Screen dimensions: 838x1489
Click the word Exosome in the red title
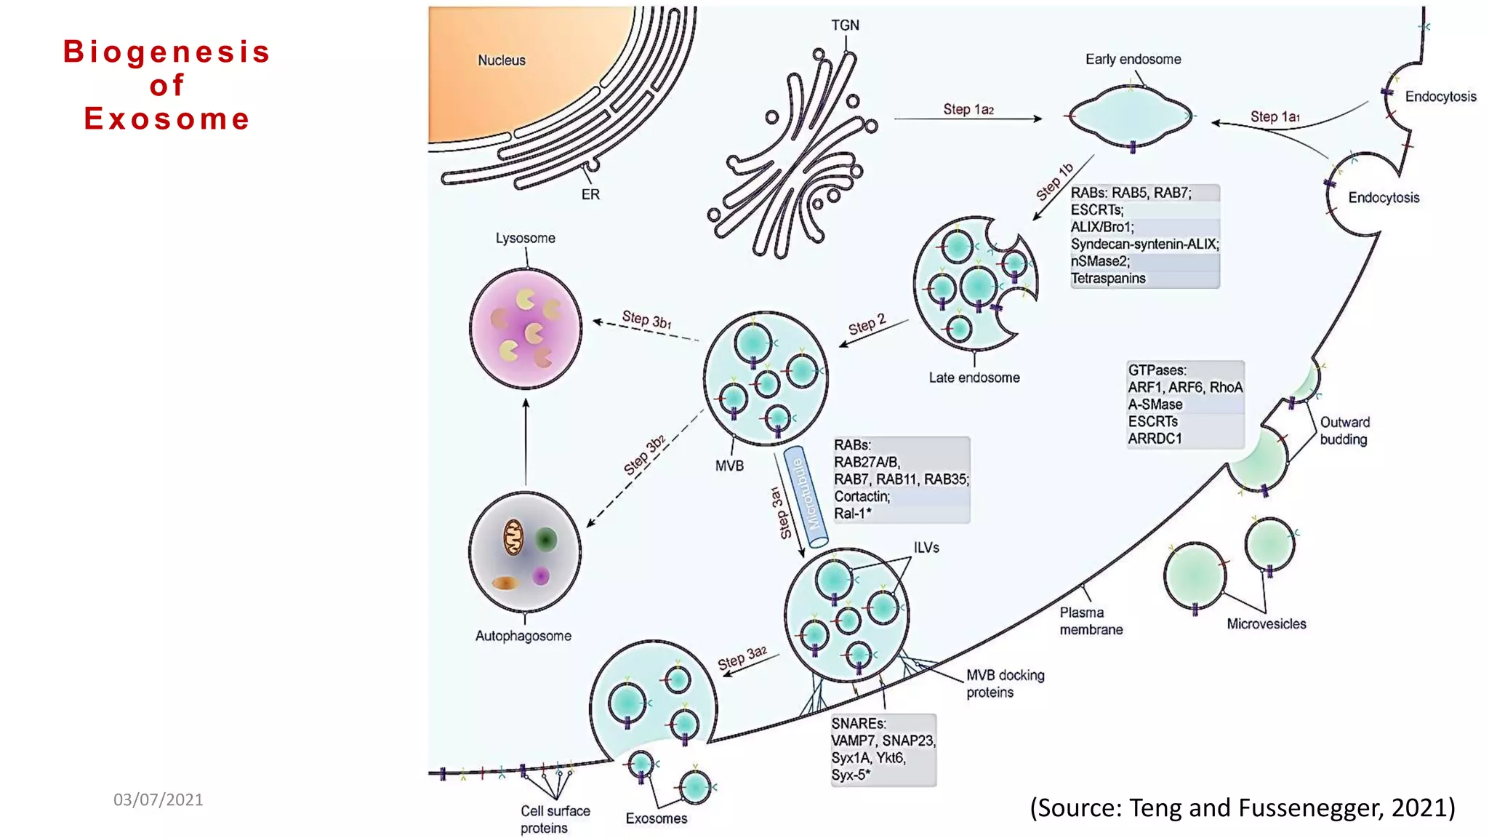tap(166, 119)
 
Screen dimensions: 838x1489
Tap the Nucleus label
tap(501, 60)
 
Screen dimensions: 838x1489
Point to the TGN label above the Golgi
tap(845, 25)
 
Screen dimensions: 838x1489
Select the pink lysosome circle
tap(525, 328)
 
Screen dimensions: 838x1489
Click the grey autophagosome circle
tap(525, 552)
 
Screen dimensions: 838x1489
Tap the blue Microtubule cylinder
tap(805, 496)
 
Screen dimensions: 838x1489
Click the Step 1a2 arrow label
tap(968, 109)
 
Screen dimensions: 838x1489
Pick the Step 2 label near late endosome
tap(867, 324)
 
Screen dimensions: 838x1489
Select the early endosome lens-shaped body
tap(1131, 116)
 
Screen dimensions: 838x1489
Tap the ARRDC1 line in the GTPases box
tap(1155, 439)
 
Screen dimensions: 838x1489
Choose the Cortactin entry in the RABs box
tap(862, 496)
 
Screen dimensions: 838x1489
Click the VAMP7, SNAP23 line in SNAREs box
tap(883, 741)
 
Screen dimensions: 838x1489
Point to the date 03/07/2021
tap(158, 799)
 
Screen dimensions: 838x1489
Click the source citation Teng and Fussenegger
tap(1242, 807)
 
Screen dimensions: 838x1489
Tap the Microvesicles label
tap(1266, 623)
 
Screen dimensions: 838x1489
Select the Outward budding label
tap(1344, 431)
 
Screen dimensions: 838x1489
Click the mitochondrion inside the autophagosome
tap(513, 538)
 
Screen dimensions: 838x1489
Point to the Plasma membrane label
tap(1090, 621)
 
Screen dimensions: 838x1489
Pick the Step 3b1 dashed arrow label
tap(646, 319)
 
